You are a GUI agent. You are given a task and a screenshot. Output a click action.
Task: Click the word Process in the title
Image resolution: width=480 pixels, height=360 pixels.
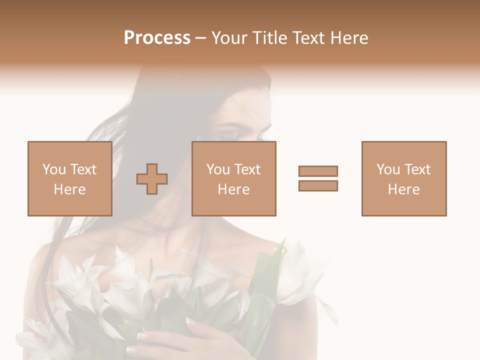pyautogui.click(x=157, y=38)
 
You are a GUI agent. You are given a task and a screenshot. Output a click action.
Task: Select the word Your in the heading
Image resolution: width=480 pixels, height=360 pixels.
pyautogui.click(x=230, y=38)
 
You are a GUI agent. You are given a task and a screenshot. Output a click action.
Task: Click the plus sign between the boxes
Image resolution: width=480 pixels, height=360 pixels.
pyautogui.click(x=152, y=178)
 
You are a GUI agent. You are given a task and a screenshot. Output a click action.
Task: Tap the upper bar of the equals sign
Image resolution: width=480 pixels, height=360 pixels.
pyautogui.click(x=318, y=171)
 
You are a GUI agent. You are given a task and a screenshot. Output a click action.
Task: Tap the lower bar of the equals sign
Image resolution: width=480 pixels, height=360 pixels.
pyautogui.click(x=318, y=185)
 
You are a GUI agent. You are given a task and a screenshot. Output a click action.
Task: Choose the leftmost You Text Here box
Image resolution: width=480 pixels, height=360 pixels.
pyautogui.click(x=69, y=178)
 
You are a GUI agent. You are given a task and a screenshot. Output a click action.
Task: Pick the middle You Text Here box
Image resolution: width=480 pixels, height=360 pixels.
pyautogui.click(x=233, y=178)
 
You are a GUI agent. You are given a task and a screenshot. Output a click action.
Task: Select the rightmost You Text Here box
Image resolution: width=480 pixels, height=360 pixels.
pyautogui.click(x=403, y=178)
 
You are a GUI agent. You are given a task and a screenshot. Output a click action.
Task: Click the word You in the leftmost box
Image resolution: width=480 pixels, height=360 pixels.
pyautogui.click(x=53, y=169)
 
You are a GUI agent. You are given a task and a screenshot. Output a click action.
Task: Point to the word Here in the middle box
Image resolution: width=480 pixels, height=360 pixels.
pyautogui.click(x=233, y=189)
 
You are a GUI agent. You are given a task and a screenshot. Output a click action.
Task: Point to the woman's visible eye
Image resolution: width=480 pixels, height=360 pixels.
pyautogui.click(x=229, y=134)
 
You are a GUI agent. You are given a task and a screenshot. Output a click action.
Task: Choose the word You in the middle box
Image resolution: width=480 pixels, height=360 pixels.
pyautogui.click(x=218, y=169)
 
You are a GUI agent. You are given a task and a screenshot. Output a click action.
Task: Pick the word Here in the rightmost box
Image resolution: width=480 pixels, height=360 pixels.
pyautogui.click(x=403, y=189)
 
